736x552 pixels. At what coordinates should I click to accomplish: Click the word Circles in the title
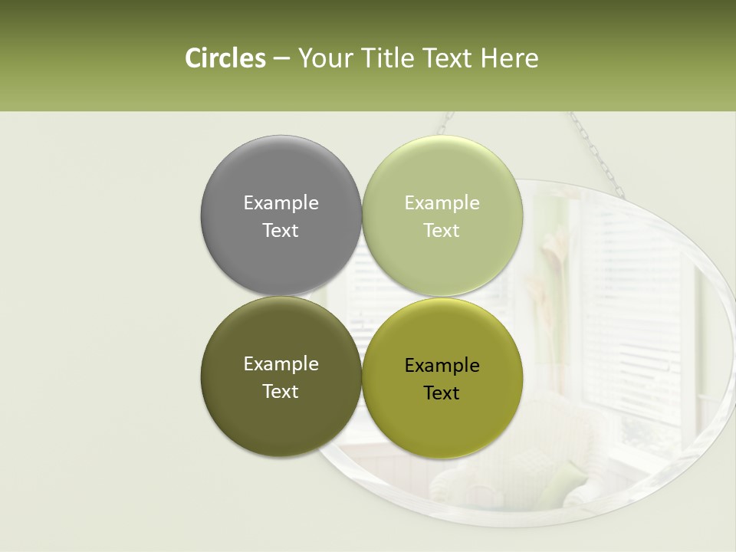[225, 58]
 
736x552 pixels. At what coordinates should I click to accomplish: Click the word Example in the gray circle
[281, 202]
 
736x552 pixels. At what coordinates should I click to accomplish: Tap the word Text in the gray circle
[281, 230]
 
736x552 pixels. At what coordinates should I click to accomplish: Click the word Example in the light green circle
[442, 202]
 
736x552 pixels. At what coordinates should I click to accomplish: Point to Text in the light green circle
[442, 230]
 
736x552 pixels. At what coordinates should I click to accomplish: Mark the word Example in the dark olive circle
[281, 363]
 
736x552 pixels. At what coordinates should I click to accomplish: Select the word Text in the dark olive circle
[281, 391]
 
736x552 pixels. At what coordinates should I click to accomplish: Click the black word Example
[442, 365]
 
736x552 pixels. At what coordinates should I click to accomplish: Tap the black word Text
[442, 393]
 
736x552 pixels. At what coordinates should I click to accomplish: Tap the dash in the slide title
[281, 59]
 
